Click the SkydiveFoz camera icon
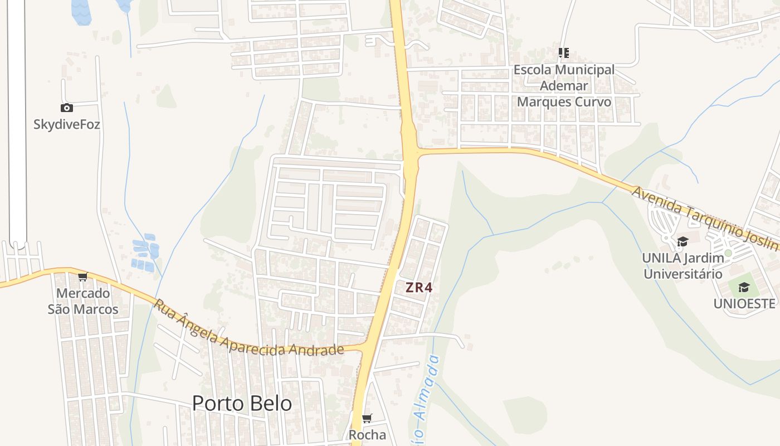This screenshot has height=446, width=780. [67, 108]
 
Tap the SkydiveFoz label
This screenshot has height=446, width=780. [67, 124]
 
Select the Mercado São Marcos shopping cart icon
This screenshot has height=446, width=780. [83, 277]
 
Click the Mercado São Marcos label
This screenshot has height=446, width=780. [83, 301]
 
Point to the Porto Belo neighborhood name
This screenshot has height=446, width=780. [242, 403]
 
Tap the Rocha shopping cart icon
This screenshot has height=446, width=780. [367, 419]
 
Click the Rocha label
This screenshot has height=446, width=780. [367, 434]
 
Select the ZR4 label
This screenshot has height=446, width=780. [419, 288]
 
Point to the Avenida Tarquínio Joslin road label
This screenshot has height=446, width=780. [704, 218]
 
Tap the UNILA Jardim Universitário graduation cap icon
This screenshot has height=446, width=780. [682, 241]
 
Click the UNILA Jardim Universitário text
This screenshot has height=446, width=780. [683, 266]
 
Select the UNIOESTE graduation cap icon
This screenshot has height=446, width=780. [744, 287]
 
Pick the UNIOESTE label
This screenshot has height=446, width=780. [744, 303]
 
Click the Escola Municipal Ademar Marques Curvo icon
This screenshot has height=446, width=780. [564, 53]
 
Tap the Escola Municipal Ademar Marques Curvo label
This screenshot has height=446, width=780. [564, 86]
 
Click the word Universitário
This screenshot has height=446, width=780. [683, 274]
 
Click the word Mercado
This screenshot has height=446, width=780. [83, 293]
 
